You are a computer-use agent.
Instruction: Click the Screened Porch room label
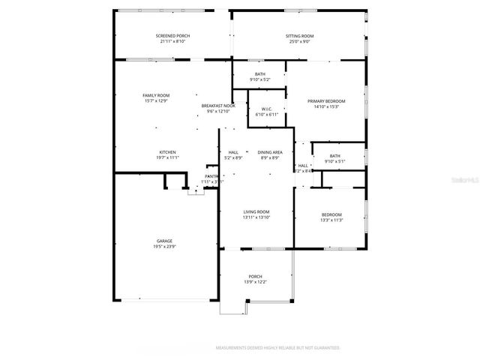172,36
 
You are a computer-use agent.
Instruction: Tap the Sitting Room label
299,36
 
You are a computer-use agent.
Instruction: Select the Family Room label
157,95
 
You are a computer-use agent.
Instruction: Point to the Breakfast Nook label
218,106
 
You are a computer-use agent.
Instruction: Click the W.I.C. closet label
266,109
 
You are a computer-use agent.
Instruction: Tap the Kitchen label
167,152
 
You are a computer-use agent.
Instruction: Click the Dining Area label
269,152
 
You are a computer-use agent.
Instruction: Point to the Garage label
165,241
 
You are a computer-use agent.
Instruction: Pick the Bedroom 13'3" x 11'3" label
331,214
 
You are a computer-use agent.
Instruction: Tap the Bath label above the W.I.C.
259,73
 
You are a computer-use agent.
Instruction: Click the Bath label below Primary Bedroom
334,156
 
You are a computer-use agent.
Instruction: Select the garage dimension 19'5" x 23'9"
165,246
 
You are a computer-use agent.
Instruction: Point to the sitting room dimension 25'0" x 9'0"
299,41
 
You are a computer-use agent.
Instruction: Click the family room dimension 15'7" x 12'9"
157,100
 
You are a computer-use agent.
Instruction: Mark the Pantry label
212,176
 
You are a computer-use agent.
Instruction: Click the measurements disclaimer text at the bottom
277,348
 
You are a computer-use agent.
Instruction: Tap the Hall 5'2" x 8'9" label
233,152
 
